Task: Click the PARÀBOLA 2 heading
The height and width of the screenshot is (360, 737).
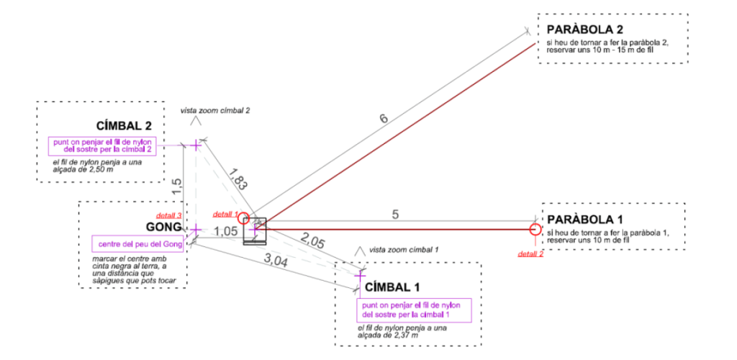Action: [x=585, y=30]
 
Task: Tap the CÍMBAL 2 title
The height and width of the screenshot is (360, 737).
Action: [x=124, y=127]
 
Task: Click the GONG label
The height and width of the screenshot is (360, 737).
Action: [x=164, y=228]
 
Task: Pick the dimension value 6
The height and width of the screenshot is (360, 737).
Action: [x=384, y=117]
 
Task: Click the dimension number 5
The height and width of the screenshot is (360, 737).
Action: [x=395, y=214]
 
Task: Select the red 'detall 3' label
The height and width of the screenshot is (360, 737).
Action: [x=167, y=216]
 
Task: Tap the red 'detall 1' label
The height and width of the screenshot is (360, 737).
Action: [x=225, y=215]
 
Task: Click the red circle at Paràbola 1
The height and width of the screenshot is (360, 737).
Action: [x=535, y=230]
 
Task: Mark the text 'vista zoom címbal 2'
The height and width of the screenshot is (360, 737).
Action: [x=215, y=111]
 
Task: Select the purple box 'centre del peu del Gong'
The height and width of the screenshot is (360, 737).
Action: [x=137, y=243]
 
